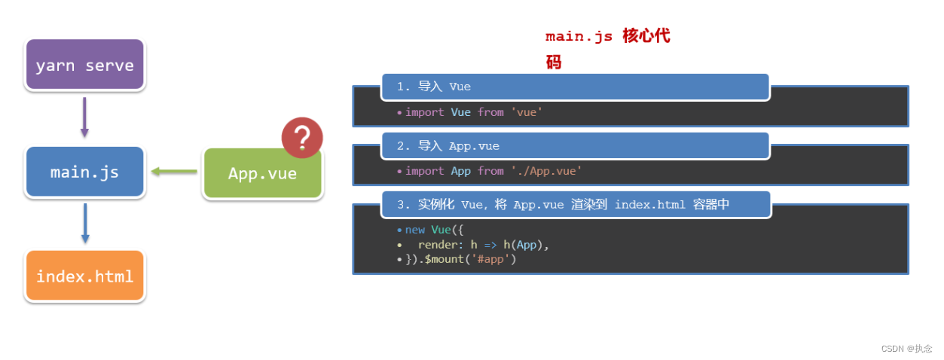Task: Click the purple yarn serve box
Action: [84, 65]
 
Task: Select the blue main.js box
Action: [84, 172]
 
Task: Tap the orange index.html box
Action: [84, 276]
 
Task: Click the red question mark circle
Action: [302, 138]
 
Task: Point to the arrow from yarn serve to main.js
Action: [84, 117]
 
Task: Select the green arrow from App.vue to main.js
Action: [174, 172]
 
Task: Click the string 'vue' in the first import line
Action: [527, 112]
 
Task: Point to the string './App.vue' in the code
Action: [546, 171]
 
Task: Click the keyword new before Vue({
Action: [415, 230]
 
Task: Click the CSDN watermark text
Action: [906, 349]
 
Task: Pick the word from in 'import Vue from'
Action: [490, 112]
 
